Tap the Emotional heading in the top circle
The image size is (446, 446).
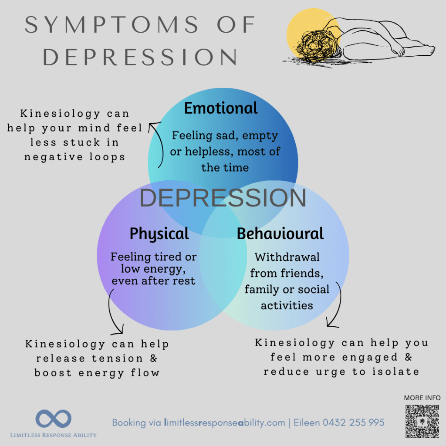click(221, 108)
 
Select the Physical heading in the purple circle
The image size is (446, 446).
click(159, 234)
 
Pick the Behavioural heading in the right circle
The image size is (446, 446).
click(280, 234)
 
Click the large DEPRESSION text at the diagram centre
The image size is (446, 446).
click(223, 198)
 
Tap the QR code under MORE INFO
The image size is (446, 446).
click(422, 421)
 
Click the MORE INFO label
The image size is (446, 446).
click(422, 398)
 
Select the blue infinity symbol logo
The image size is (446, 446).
click(54, 419)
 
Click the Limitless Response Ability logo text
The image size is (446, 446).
click(54, 435)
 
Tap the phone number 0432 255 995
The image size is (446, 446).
click(354, 422)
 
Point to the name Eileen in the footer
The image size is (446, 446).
click(307, 422)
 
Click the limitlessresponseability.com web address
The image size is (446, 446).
click(224, 422)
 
